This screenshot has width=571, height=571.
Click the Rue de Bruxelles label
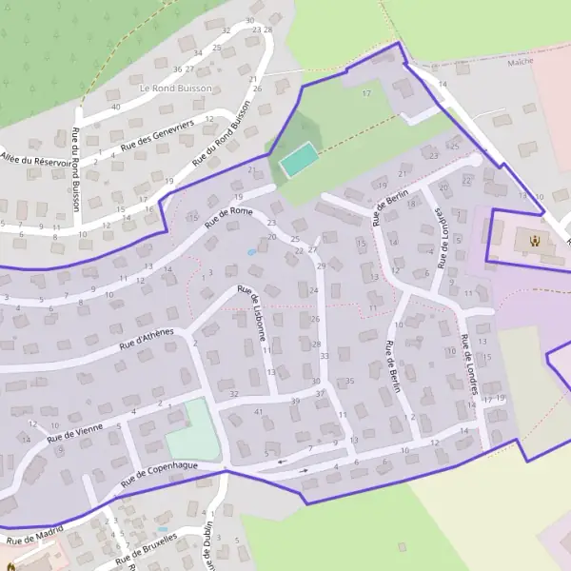pos(148,551)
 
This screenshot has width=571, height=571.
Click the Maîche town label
pos(521,62)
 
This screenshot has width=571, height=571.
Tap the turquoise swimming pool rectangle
pos(300,159)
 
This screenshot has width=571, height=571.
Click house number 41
pos(259,411)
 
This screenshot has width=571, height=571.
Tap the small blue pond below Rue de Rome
pos(251,252)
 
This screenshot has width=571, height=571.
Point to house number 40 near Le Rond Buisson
pos(115,107)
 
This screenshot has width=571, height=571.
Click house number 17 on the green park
pos(366,93)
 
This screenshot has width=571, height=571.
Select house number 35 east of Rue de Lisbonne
pos(349,381)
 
